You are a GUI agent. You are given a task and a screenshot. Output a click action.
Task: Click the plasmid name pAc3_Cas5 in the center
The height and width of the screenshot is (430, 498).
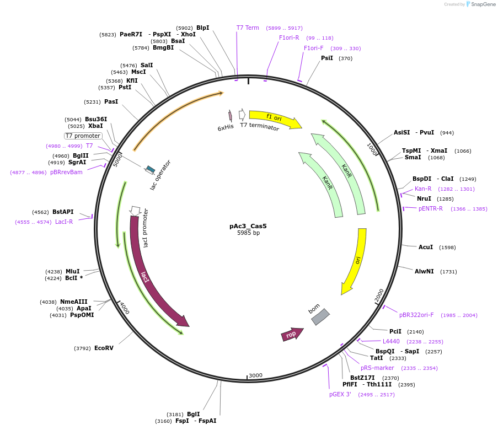248,226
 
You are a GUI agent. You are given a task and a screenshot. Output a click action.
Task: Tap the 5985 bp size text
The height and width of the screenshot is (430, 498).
248,233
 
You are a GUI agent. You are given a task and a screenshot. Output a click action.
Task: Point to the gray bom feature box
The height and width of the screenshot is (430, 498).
320,316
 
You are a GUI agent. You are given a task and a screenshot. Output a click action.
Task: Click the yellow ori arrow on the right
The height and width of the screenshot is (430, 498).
356,260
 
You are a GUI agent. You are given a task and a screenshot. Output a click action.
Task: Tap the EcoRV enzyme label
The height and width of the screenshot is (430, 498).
104,348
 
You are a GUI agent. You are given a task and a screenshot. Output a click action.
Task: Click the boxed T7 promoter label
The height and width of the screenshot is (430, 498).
83,136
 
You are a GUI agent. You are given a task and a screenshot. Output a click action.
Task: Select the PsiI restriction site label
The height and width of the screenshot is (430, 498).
327,58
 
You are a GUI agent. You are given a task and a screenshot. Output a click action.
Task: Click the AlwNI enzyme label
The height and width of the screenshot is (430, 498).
424,271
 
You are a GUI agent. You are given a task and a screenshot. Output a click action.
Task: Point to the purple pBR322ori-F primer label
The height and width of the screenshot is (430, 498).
416,315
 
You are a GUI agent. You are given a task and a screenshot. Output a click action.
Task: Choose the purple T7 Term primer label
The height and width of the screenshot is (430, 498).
248,28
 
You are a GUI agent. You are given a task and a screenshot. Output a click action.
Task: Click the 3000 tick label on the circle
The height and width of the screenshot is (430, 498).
255,375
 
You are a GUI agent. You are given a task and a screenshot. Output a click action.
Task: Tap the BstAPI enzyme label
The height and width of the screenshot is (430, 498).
63,212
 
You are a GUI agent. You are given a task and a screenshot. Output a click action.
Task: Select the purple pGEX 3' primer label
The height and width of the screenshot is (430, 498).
340,395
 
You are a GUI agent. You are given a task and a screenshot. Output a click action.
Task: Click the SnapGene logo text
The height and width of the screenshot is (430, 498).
483,4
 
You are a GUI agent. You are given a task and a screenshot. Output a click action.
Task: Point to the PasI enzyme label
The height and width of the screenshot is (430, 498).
111,101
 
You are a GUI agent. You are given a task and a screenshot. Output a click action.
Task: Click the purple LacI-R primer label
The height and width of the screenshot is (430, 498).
64,222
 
